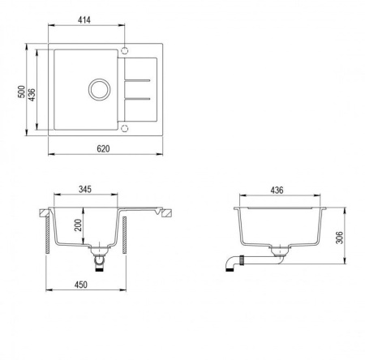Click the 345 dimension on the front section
pyautogui.click(x=84, y=189)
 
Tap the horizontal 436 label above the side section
pyautogui.click(x=276, y=190)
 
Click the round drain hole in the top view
pyautogui.click(x=100, y=88)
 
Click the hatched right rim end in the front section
pyautogui.click(x=166, y=215)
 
